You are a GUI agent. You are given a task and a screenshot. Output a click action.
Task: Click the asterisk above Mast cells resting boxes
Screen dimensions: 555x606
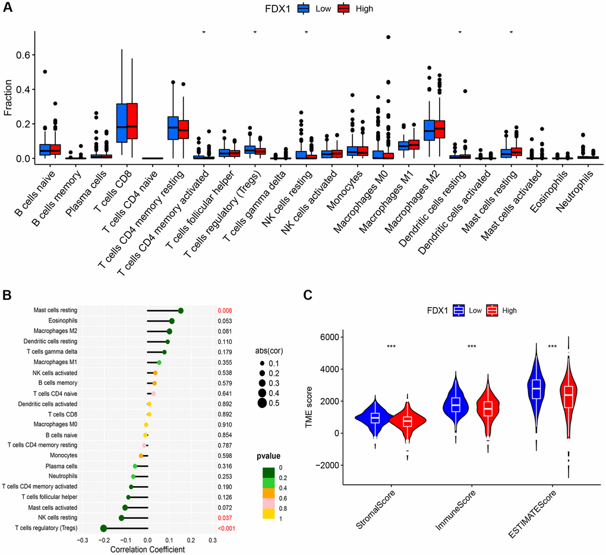(x=510, y=32)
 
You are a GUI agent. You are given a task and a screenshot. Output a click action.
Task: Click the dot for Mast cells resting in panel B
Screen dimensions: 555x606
(x=181, y=310)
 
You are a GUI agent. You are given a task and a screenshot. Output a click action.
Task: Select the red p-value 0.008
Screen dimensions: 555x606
(x=225, y=310)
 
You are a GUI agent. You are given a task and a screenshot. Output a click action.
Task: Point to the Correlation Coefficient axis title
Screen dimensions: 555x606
(x=147, y=550)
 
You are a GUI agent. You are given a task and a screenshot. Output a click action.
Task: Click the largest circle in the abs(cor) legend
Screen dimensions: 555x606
(x=262, y=403)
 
